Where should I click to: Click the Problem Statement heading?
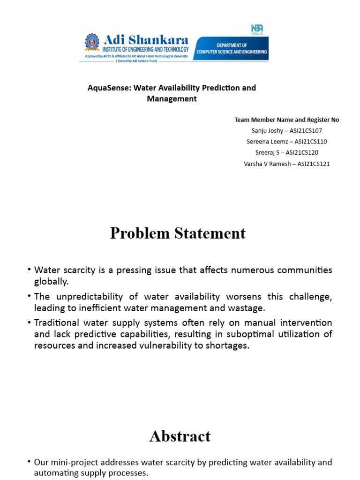coord(178,233)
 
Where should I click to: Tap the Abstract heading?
coord(180,436)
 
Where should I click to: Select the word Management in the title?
coord(172,99)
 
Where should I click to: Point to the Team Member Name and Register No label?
coord(286,120)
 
